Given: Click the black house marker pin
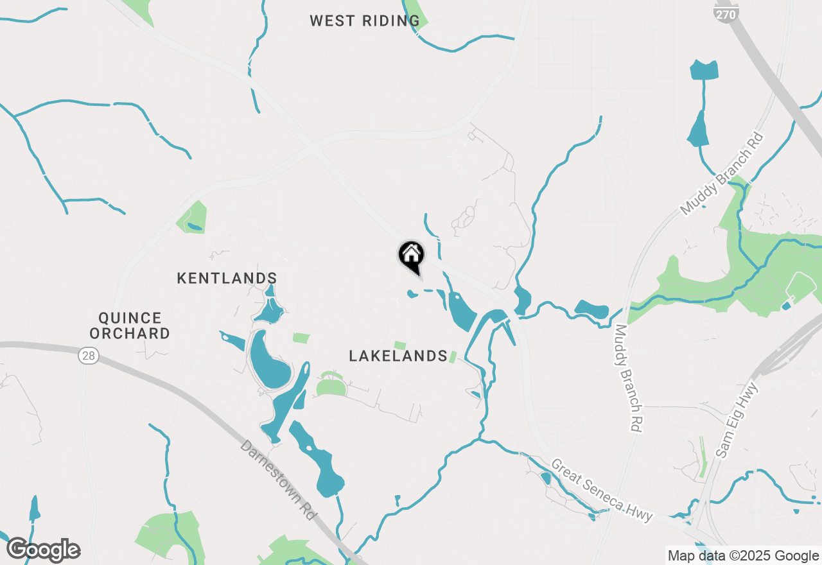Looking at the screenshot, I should click(x=412, y=256).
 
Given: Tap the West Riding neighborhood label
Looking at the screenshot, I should click(x=365, y=21).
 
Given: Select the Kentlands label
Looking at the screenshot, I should click(x=227, y=278).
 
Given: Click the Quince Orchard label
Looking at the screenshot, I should click(x=130, y=326).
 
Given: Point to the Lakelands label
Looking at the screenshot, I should click(x=398, y=356).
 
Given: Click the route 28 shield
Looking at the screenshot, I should click(x=89, y=356).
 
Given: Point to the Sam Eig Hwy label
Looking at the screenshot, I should click(x=737, y=420).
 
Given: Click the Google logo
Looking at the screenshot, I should click(x=43, y=550).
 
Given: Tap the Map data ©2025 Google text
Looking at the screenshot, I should click(x=743, y=556).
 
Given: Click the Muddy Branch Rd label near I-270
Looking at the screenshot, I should click(x=722, y=173).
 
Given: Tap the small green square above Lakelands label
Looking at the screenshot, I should click(x=400, y=345).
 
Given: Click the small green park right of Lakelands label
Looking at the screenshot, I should click(x=453, y=356).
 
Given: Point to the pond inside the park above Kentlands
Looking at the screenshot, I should click(x=193, y=227).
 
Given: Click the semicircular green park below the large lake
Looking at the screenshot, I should click(x=331, y=387).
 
